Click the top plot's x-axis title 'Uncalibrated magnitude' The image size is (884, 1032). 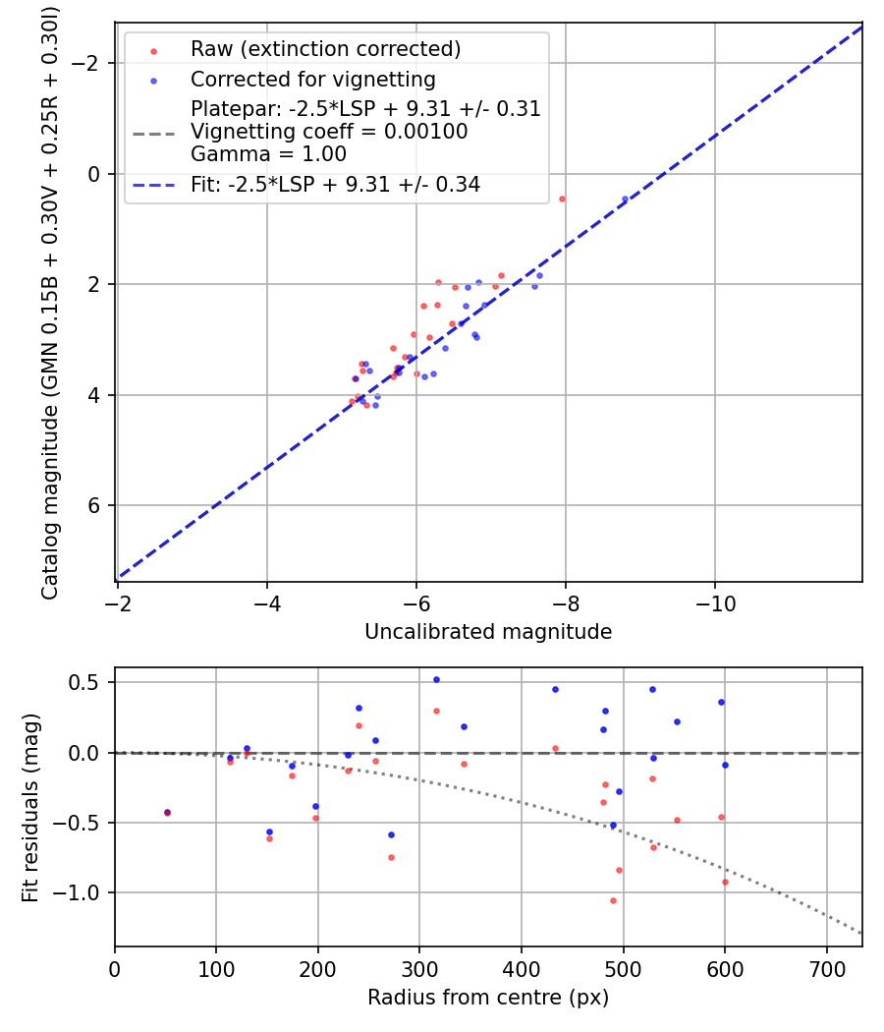488,632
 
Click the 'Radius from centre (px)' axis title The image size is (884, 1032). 488,998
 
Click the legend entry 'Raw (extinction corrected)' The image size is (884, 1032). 325,49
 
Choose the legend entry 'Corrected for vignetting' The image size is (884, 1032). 312,79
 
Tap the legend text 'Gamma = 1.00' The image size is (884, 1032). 268,154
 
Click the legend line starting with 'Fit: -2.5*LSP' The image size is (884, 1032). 335,184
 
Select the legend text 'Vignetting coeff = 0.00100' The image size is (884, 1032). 329,132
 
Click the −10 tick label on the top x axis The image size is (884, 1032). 714,601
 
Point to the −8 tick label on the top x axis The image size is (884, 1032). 565,601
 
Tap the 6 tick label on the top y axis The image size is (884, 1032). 95,505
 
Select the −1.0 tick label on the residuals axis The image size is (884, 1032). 82,892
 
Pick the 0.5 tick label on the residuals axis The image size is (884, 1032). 89,682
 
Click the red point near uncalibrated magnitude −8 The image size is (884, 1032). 562,199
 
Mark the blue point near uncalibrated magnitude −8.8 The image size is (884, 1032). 625,199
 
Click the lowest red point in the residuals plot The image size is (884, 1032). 613,900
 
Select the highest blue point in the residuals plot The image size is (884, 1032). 436,679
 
